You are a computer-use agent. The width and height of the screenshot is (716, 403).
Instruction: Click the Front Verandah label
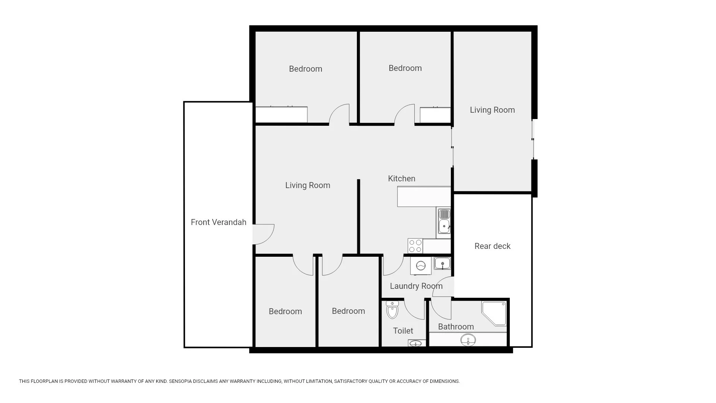point(219,222)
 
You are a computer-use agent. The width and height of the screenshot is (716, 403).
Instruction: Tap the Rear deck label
point(492,246)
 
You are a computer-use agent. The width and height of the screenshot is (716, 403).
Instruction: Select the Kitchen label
point(402,179)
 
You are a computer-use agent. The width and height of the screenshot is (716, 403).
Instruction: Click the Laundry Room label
point(416,286)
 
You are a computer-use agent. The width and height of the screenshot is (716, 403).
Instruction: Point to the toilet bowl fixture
point(392,310)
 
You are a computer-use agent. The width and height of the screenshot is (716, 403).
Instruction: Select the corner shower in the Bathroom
point(494,313)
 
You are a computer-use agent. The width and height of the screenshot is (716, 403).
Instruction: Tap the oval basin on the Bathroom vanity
point(468,340)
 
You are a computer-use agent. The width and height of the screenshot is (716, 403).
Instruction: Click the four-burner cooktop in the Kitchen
point(415,246)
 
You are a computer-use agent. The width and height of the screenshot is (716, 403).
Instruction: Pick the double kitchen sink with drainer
point(444,221)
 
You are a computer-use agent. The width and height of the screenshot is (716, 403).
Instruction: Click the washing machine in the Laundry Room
point(421,266)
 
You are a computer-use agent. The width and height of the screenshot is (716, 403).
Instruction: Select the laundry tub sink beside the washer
point(442,263)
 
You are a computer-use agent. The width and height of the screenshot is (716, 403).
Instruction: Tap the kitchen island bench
point(424,197)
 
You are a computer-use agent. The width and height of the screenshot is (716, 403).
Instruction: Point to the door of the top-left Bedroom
point(339,114)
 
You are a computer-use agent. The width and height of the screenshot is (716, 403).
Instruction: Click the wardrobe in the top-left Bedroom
point(281,115)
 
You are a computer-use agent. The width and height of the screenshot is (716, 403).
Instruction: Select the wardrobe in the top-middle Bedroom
point(435,115)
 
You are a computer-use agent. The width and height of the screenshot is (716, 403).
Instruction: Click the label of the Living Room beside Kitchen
point(308,185)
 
